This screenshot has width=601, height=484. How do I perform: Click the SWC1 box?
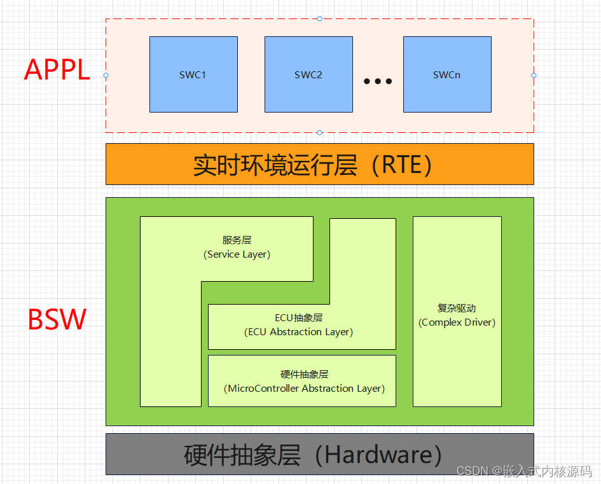coord(193,74)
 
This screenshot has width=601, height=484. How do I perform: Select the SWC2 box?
coord(308,74)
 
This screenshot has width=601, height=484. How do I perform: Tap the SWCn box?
coord(446,74)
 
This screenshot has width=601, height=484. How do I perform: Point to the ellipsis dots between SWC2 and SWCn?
coord(378,81)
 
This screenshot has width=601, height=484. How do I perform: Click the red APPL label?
coord(57,70)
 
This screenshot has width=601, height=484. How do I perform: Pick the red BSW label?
coord(57,320)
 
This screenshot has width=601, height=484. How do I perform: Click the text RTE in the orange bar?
coord(403,165)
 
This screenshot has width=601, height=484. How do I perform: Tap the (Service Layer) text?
coord(237,254)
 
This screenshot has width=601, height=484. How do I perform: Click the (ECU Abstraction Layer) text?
coord(299,332)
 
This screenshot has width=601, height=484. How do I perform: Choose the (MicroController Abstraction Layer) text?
coord(305,389)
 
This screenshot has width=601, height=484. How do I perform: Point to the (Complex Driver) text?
coord(457,322)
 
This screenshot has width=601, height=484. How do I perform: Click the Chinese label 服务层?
coord(237,240)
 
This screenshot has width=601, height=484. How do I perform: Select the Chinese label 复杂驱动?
coord(457,308)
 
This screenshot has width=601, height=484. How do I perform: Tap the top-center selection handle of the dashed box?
coord(319,19)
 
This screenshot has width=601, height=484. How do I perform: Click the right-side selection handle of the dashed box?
coord(534,75)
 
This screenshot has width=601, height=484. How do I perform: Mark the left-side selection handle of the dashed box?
coord(106,75)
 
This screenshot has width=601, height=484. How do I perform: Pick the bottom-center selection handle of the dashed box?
coord(319,132)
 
